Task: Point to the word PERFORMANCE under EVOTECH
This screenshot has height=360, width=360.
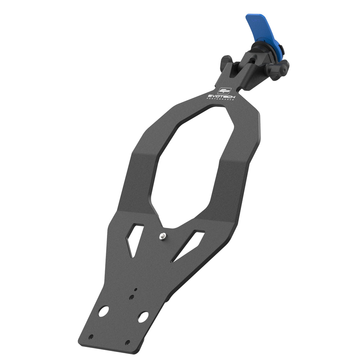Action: pos(221,100)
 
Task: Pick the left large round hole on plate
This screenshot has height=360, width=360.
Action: pos(103,311)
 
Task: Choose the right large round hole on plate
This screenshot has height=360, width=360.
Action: pos(143,316)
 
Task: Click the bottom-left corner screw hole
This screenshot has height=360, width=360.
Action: pos(91,337)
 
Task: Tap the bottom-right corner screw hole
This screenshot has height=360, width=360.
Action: pos(127,343)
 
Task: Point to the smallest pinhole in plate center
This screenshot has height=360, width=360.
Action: pos(136,289)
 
